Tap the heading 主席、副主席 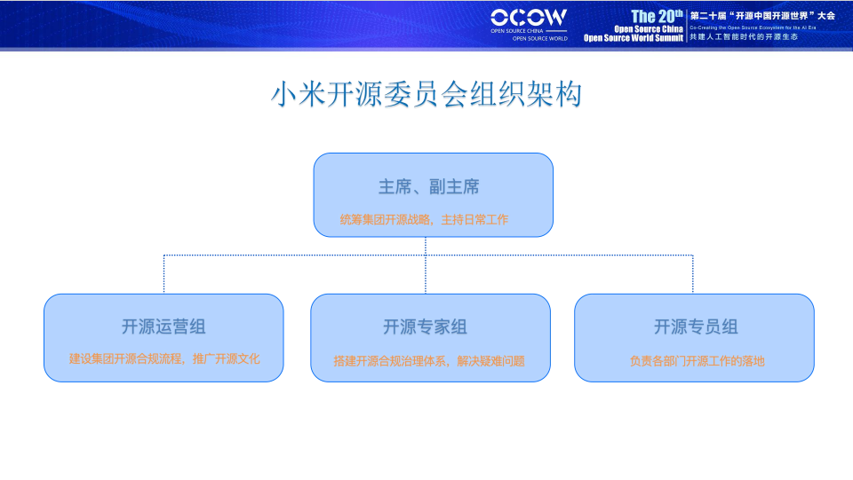[429, 187]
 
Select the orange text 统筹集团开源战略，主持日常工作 [424, 219]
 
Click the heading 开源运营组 [163, 327]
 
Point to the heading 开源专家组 [425, 327]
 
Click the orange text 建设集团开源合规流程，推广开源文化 [164, 359]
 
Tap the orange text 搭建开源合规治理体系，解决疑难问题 [429, 361]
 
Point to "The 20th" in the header [657, 16]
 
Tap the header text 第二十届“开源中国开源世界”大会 [762, 15]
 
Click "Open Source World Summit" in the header [634, 38]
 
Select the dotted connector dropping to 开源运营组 [164, 275]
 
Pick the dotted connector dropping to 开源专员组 [693, 275]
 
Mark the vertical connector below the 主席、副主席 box [426, 247]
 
